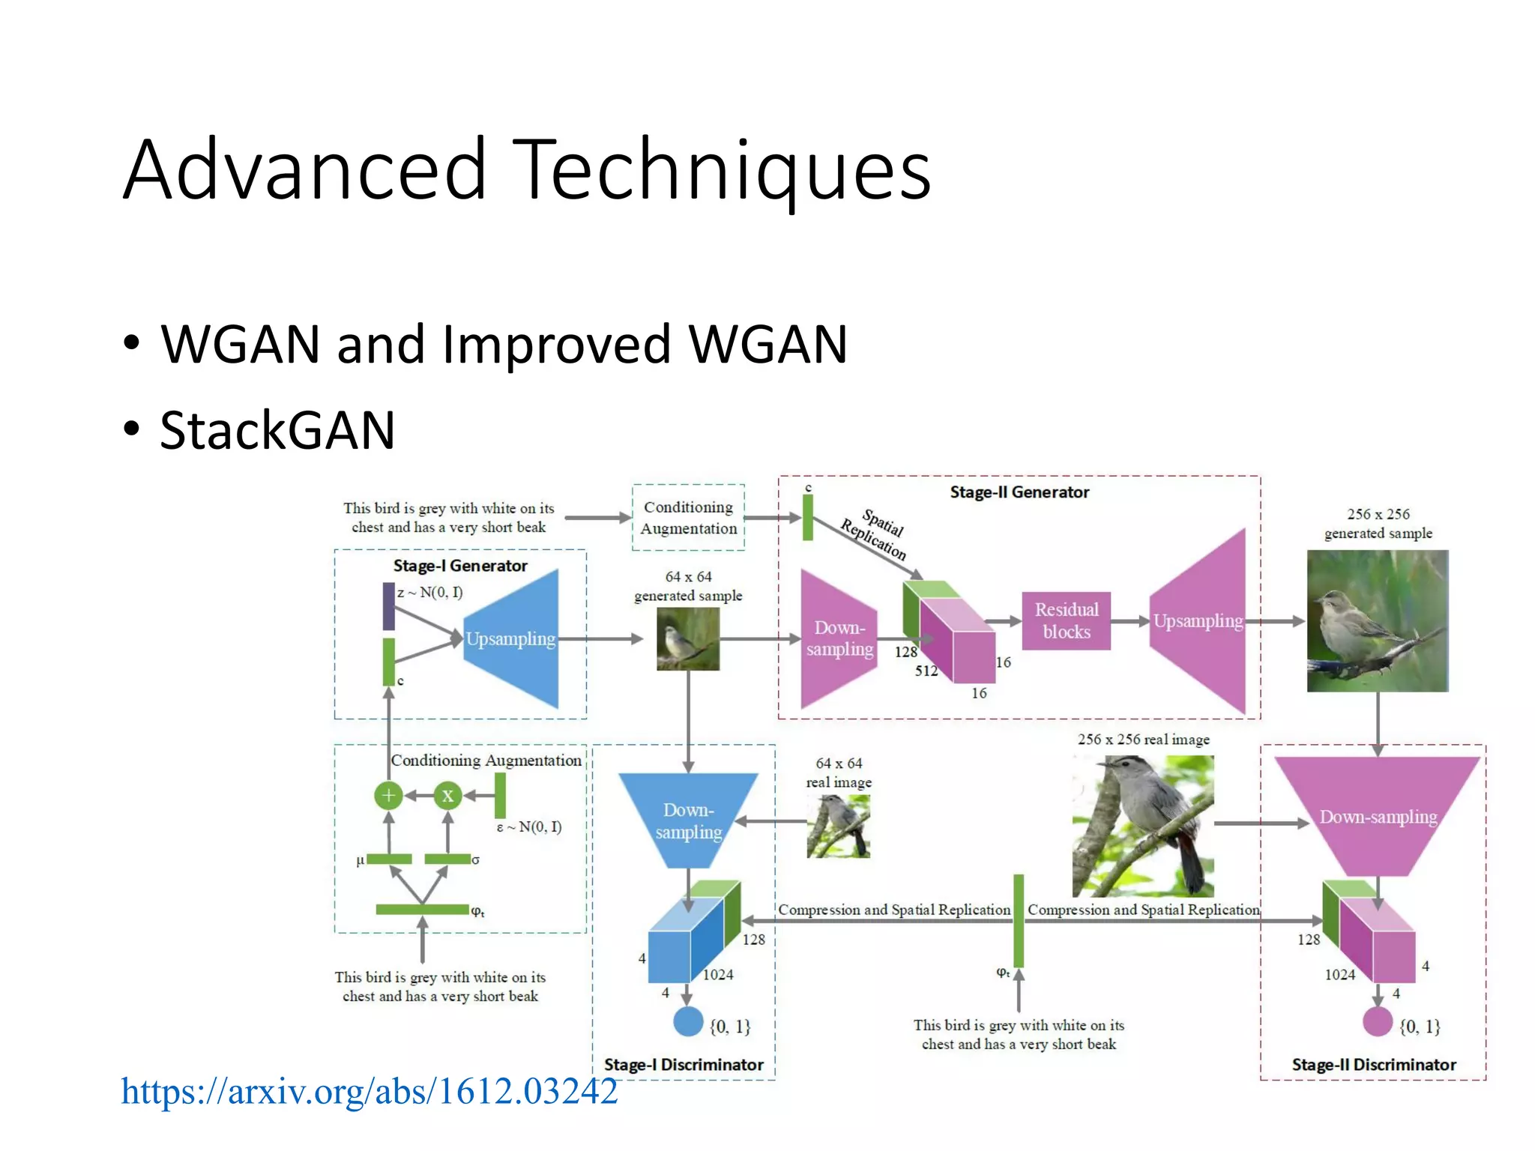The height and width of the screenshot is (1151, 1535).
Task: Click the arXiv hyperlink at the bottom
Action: tap(369, 1091)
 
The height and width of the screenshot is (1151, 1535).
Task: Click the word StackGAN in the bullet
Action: tap(277, 431)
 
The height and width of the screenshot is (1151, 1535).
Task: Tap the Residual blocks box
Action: tap(1066, 620)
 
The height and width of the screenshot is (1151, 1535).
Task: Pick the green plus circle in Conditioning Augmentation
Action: tap(388, 795)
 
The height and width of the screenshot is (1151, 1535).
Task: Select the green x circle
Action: tap(447, 795)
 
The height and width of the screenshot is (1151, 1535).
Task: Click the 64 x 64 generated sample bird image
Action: tap(687, 638)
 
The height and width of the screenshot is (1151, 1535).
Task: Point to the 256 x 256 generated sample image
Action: tap(1377, 620)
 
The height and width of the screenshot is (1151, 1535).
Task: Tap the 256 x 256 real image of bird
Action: tap(1142, 826)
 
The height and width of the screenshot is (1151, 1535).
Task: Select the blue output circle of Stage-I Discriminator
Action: tap(687, 1021)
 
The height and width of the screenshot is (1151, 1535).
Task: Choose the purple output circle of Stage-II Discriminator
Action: tap(1377, 1021)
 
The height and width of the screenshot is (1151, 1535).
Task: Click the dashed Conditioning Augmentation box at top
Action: tap(688, 518)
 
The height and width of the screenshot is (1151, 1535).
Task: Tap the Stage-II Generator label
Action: tap(1019, 492)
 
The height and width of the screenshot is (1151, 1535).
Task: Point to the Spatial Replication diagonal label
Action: tap(874, 534)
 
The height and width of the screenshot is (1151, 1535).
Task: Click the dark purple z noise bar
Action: tap(388, 606)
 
